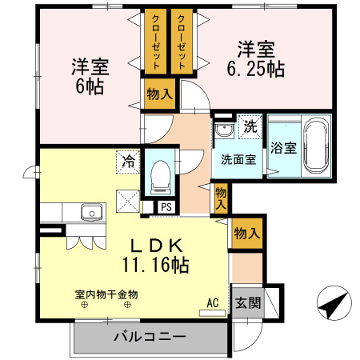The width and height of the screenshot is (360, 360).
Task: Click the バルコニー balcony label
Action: pos(150,336)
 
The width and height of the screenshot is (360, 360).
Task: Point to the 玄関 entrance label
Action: pos(246,302)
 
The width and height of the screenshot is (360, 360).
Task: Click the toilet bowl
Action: pos(160,174)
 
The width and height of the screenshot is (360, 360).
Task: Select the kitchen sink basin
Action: pos(91,213)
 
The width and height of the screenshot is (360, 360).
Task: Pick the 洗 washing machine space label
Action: pos(250,126)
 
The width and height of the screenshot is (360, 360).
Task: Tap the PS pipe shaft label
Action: pos(166,206)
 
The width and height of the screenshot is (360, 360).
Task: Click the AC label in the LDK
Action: pos(212,302)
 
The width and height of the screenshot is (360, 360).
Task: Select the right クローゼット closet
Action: pos(182,42)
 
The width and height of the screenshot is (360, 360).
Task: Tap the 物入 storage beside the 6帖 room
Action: pos(159,94)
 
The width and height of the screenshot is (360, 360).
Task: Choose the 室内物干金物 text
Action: pos(106,294)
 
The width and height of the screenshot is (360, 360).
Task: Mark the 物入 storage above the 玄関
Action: pos(246,234)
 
